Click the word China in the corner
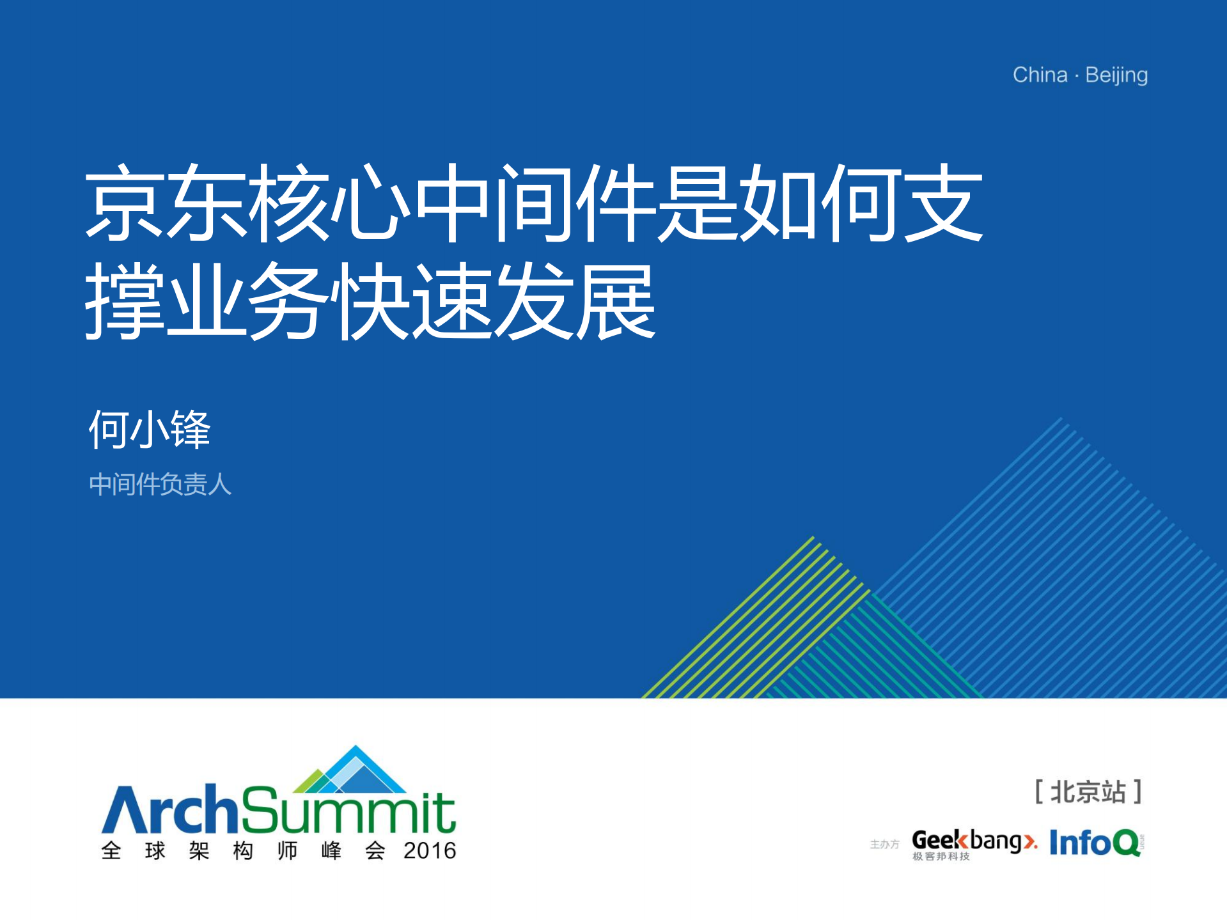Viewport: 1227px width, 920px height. (x=1040, y=75)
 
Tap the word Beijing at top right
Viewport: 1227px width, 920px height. (x=1116, y=76)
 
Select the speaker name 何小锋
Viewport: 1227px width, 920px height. (x=150, y=429)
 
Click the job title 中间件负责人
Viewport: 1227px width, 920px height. (x=160, y=484)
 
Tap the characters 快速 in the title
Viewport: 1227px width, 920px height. (x=412, y=300)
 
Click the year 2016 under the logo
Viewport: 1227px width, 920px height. (x=430, y=851)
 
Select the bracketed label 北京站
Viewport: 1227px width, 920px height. (x=1088, y=792)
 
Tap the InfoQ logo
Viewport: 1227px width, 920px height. (x=1096, y=843)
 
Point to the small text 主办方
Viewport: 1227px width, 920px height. (x=884, y=845)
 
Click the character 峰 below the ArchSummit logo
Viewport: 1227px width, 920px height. (x=331, y=851)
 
